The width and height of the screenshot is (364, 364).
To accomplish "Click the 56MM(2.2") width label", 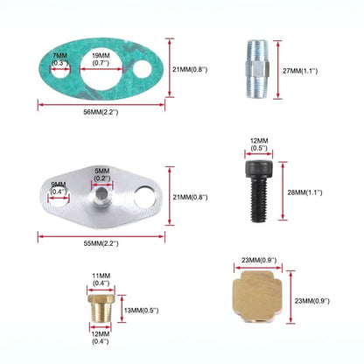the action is click(x=101, y=112).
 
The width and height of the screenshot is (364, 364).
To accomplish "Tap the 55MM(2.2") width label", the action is click(x=101, y=243).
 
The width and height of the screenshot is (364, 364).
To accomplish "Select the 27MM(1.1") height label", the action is click(x=300, y=71).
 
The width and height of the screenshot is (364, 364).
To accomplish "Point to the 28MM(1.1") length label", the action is click(x=304, y=192).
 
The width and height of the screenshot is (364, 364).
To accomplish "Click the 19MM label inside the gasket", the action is click(x=101, y=55).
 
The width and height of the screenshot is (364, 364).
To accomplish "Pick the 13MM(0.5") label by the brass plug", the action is click(x=142, y=311).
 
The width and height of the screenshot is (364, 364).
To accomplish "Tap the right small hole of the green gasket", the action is click(x=143, y=69).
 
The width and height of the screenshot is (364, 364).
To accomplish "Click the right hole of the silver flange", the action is click(x=146, y=197).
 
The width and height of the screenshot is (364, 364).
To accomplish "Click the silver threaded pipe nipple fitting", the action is click(x=257, y=69).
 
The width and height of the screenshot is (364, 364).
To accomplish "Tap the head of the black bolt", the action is click(x=258, y=169).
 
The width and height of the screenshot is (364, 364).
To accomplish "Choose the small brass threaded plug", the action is click(x=101, y=308).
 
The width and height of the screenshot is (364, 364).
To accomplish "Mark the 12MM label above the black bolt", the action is click(x=259, y=141).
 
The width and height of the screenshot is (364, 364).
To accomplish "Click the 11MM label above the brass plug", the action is click(x=101, y=276).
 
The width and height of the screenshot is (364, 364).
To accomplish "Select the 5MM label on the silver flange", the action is click(x=102, y=171).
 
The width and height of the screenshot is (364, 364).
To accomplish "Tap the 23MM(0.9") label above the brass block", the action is click(x=259, y=260).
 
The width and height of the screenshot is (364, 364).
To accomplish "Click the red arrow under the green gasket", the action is click(x=101, y=104).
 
